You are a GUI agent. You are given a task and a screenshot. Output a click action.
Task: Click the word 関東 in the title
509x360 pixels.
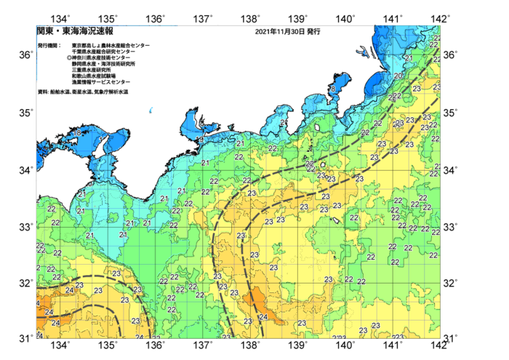pyautogui.click(x=46, y=32)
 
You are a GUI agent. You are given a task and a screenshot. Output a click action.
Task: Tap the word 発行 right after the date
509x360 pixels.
pyautogui.click(x=313, y=32)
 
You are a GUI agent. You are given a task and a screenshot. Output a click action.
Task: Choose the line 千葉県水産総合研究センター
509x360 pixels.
pyautogui.click(x=103, y=52)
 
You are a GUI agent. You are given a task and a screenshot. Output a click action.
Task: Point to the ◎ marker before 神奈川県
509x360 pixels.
pyautogui.click(x=68, y=57)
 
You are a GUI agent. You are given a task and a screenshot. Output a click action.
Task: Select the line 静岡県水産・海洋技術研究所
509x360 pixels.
pyautogui.click(x=105, y=64)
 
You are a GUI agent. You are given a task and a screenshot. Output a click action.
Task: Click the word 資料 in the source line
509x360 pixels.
pyautogui.click(x=41, y=92)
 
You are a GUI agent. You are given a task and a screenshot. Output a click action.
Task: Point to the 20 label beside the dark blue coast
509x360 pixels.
pyautogui.click(x=398, y=76)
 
